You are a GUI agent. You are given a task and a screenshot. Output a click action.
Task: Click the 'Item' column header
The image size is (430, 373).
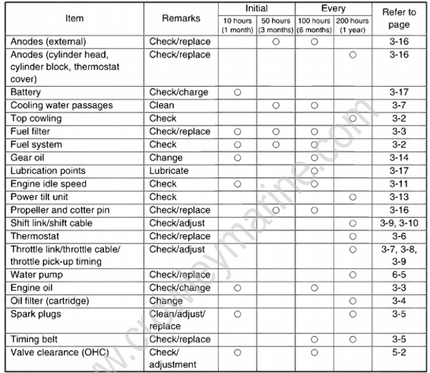click(74, 17)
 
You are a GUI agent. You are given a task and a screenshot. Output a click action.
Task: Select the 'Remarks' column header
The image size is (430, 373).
click(180, 17)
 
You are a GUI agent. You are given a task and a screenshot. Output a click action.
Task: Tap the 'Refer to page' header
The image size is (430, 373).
click(399, 17)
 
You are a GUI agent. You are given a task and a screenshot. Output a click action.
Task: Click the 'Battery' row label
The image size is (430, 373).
click(26, 92)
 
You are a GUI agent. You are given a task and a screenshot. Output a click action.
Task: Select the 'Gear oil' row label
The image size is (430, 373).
click(28, 158)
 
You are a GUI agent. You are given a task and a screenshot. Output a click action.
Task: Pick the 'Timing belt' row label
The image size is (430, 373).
click(34, 339)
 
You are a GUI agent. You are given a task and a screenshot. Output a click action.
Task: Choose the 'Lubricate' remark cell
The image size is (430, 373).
click(169, 171)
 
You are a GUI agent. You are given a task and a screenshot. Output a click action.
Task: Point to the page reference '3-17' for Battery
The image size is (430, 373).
click(399, 92)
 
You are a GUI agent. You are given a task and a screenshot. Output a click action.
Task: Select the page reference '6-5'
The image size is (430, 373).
click(399, 275)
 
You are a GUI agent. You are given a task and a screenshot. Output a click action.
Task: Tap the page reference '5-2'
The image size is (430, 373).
click(399, 352)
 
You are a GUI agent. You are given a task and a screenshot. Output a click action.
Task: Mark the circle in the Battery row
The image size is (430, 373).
click(236, 92)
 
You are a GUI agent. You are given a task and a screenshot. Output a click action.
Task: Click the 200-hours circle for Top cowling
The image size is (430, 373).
click(353, 118)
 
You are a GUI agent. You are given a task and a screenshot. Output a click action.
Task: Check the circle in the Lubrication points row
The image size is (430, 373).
click(314, 171)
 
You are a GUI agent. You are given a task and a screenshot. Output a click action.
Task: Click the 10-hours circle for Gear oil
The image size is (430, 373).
click(236, 158)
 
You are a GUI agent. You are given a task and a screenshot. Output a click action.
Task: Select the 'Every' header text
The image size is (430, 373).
click(333, 9)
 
